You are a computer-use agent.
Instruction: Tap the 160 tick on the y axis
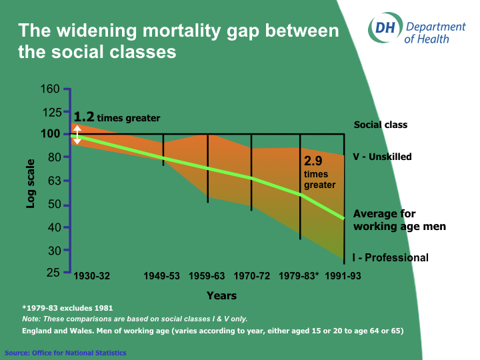(53, 89)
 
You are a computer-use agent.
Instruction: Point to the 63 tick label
(53, 181)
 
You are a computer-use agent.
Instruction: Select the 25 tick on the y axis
(53, 272)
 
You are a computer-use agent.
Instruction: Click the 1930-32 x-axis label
(91, 276)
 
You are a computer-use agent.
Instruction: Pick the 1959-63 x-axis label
(207, 276)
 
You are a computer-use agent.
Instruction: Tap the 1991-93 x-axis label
(342, 276)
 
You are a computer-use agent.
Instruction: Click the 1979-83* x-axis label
(299, 276)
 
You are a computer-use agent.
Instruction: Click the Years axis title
(221, 295)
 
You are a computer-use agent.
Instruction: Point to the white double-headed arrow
(77, 135)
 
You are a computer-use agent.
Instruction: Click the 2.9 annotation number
(313, 161)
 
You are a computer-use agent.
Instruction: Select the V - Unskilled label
(382, 157)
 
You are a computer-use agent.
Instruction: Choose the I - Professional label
(391, 258)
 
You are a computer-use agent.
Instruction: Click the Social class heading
(381, 125)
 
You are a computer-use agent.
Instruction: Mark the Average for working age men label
(399, 220)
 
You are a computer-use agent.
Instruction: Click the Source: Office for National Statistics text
(65, 353)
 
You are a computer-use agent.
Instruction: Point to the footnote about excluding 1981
(67, 308)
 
